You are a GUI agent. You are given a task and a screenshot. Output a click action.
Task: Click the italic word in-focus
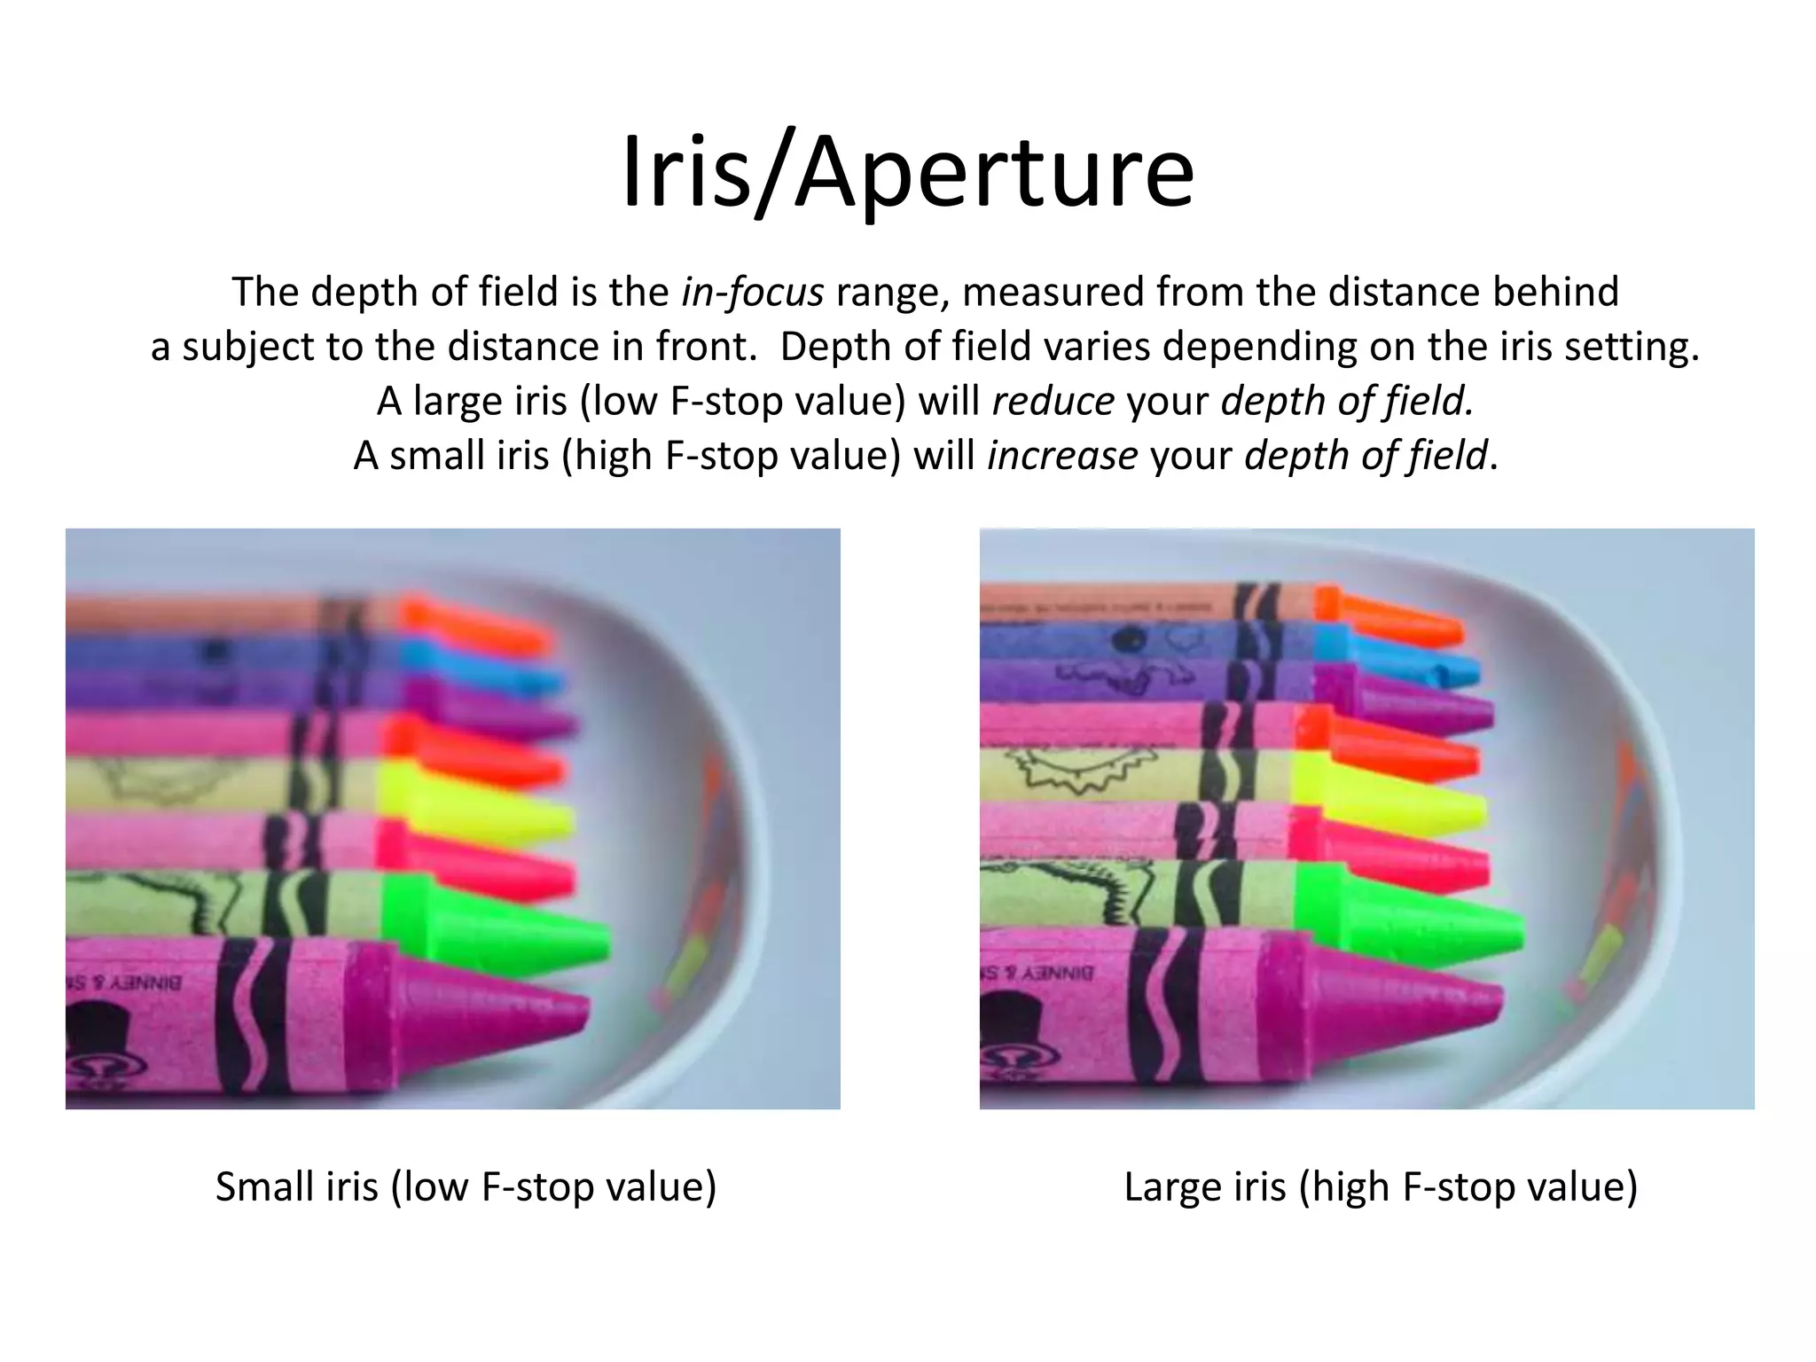coord(753,292)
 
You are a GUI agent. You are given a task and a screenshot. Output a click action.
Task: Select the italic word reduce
coord(1053,401)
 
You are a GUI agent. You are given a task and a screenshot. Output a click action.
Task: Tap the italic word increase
coord(1062,456)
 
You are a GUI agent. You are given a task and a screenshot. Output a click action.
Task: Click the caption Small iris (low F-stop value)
coord(466,1186)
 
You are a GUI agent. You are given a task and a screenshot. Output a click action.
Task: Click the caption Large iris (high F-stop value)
coord(1380,1186)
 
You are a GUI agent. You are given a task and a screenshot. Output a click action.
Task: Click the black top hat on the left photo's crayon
coord(95,1029)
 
